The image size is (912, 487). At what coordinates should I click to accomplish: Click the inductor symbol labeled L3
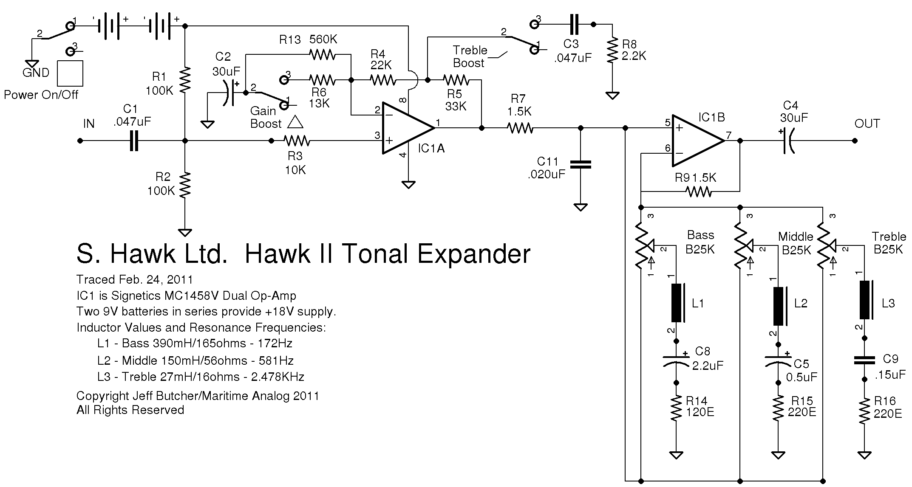click(865, 299)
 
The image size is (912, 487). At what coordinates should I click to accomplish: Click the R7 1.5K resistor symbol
click(519, 127)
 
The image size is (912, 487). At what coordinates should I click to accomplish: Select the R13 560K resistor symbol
click(322, 54)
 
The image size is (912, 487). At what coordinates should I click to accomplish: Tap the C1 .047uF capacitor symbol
click(134, 141)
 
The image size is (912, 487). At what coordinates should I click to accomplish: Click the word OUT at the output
click(867, 124)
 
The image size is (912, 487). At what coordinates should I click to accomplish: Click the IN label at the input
click(89, 124)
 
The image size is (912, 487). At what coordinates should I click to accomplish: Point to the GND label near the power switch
click(36, 73)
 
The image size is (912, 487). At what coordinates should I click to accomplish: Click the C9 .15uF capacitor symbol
click(864, 360)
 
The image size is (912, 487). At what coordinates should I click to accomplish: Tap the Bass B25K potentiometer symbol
click(641, 246)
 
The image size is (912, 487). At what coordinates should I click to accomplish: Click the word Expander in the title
click(473, 254)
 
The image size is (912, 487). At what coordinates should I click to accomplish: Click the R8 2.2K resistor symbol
click(612, 50)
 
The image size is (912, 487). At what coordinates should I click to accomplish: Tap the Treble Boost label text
click(470, 56)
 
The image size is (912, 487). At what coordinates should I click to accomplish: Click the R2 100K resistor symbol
click(185, 185)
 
